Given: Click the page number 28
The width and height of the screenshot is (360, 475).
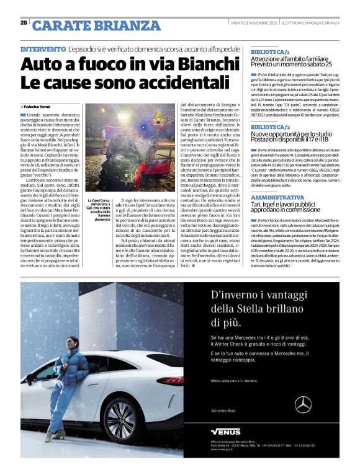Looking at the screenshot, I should point(24,23).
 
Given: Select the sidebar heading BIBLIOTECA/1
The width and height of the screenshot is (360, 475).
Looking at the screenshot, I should point(270,52).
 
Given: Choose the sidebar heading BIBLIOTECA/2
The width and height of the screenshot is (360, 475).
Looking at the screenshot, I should point(270,127).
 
